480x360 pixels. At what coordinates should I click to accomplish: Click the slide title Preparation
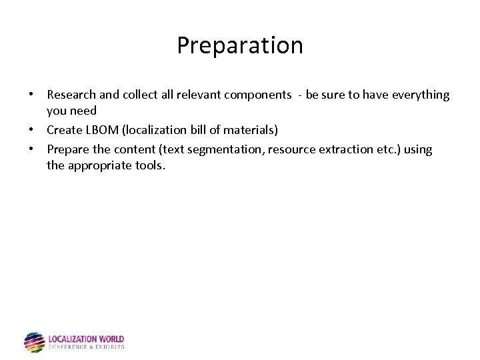240,45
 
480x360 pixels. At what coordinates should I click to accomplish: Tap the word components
258,95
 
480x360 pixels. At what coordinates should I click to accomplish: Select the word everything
420,95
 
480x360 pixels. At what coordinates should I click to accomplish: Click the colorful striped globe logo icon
34,342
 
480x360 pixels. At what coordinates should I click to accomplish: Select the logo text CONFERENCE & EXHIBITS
86,347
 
